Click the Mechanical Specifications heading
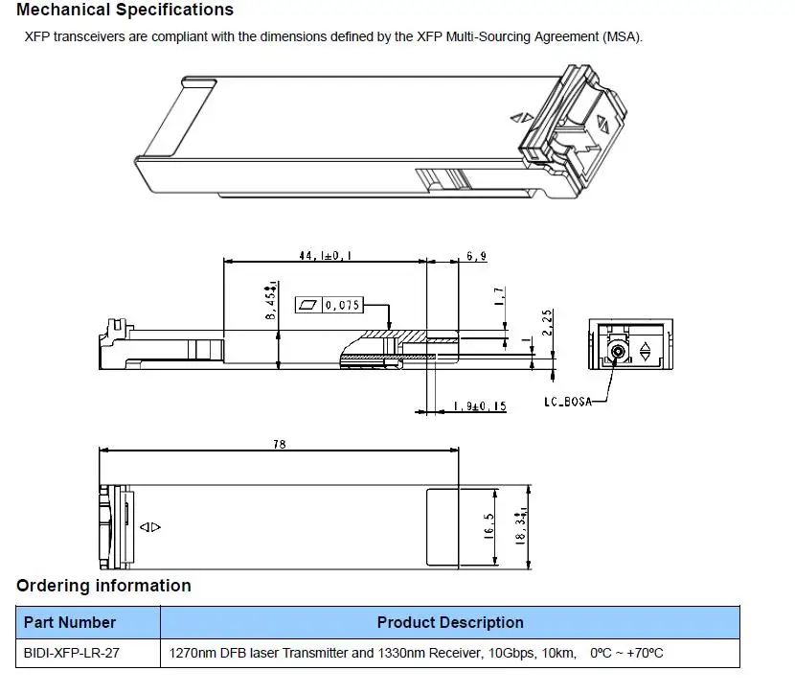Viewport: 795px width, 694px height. coord(125,10)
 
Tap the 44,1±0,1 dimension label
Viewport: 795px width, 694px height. coord(325,255)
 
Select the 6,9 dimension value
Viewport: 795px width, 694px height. coord(477,256)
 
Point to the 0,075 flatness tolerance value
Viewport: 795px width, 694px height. coord(342,305)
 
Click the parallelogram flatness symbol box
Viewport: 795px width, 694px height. coord(308,305)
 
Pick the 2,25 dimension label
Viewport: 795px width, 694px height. coord(547,323)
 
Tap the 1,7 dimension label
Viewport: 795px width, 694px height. coord(499,296)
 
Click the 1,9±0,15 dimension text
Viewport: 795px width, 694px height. coord(480,406)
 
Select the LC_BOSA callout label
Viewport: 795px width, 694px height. coord(568,402)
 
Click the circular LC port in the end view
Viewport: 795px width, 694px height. coord(618,351)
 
